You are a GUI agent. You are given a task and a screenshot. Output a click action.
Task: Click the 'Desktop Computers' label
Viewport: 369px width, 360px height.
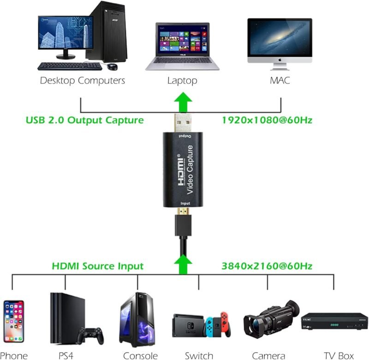tap(83, 80)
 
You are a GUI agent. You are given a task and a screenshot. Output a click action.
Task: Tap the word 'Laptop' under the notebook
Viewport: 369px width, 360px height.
tap(182, 81)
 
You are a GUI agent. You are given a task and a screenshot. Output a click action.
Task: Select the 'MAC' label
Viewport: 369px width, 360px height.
tap(280, 80)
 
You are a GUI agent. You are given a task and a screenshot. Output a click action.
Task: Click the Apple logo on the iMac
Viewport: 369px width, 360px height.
tap(280, 60)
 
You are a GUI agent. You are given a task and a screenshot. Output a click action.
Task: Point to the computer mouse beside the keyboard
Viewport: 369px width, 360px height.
tap(112, 66)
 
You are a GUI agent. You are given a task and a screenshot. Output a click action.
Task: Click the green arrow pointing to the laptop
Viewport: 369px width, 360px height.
tap(183, 102)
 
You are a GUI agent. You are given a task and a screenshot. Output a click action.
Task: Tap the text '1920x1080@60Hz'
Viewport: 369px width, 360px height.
tap(267, 120)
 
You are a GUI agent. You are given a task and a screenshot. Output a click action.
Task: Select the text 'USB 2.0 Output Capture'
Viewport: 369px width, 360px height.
tap(85, 120)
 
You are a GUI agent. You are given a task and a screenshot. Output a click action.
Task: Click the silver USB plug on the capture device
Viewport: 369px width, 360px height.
tap(183, 123)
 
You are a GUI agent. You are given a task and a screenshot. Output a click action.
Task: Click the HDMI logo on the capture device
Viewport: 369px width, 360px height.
tap(181, 170)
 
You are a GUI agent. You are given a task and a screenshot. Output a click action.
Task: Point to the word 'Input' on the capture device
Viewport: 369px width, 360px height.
tap(185, 204)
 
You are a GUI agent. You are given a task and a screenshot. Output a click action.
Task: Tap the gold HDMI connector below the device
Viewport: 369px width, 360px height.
tap(183, 211)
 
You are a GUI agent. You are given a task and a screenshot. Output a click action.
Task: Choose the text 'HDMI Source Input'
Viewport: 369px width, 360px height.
tap(98, 266)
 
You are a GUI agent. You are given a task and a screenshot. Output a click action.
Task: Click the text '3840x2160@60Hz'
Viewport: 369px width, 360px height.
tap(267, 266)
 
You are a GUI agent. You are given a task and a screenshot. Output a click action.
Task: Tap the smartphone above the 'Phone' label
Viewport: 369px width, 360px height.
tap(14, 321)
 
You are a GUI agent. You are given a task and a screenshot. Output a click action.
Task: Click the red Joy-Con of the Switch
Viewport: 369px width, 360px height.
tap(225, 324)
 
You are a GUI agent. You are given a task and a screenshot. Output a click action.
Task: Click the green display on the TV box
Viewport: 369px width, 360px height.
tap(334, 324)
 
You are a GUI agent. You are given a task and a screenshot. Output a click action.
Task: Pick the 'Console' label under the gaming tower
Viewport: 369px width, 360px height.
tap(140, 356)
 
